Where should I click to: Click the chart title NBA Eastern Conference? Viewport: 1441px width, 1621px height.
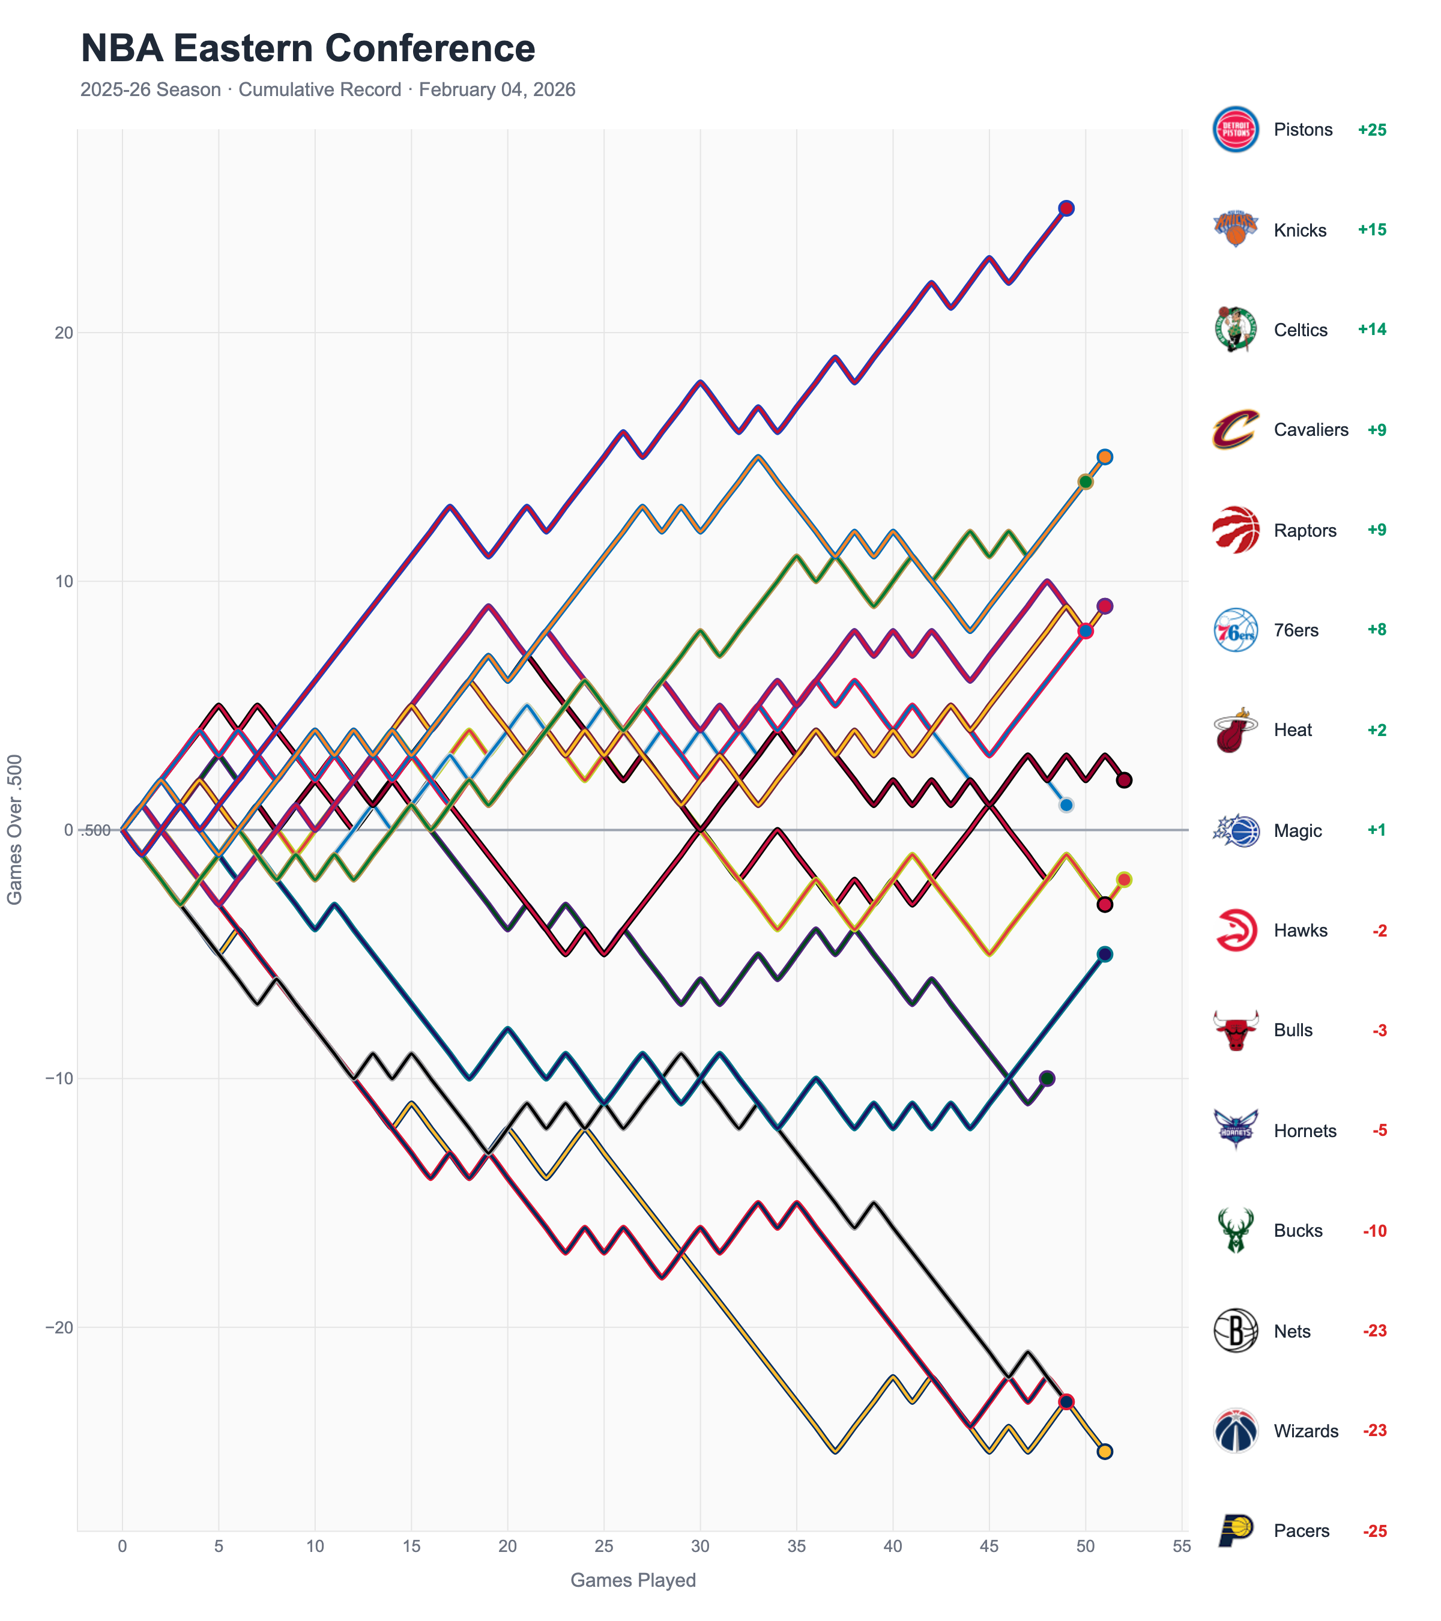tap(307, 49)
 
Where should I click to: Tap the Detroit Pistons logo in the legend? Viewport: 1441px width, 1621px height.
tap(1235, 129)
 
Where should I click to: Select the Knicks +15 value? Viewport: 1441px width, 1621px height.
tap(1371, 230)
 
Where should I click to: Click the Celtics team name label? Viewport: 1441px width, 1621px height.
tap(1300, 330)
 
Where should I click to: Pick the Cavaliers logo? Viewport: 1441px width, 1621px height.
tap(1235, 430)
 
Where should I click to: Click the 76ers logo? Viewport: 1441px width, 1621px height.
tap(1235, 630)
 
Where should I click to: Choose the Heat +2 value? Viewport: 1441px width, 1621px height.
tap(1376, 731)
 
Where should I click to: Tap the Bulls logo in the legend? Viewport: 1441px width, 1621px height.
tap(1235, 1030)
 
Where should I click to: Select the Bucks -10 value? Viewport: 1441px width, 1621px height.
tap(1374, 1231)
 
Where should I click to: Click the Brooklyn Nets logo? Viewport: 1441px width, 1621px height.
tap(1235, 1331)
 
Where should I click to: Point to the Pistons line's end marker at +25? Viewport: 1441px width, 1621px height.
tap(1066, 208)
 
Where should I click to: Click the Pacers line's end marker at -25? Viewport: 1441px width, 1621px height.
tap(1104, 1451)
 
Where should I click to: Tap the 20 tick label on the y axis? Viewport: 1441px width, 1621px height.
tap(64, 333)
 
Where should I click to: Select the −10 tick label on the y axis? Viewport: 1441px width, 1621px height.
tap(59, 1078)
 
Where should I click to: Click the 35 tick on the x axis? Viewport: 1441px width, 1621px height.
tap(796, 1546)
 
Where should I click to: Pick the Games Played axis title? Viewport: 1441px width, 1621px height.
tap(633, 1580)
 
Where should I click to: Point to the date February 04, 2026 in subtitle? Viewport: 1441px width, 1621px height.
tap(497, 89)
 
